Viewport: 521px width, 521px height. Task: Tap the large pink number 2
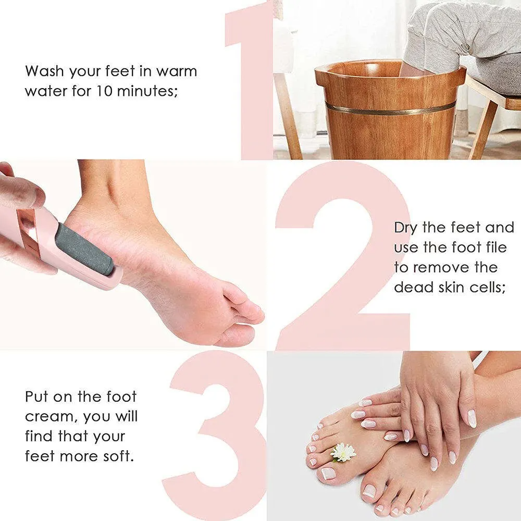point(341,255)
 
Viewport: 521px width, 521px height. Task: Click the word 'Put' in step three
point(38,396)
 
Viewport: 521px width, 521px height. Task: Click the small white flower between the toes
point(343,452)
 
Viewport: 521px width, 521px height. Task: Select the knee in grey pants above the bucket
point(443,42)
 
